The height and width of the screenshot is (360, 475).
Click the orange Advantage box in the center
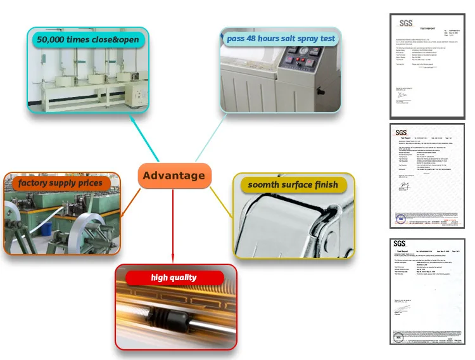pyautogui.click(x=174, y=176)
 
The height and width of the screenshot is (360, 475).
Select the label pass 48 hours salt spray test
pyautogui.click(x=281, y=39)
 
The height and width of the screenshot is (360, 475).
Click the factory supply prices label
pyautogui.click(x=60, y=183)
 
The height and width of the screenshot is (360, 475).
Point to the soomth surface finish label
pyautogui.click(x=297, y=185)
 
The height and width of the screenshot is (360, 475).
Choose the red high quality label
pyautogui.click(x=174, y=278)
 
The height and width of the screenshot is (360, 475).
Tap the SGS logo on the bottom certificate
pyautogui.click(x=399, y=243)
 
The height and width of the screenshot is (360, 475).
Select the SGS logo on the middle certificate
pyautogui.click(x=402, y=132)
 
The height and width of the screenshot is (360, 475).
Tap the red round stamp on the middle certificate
pyautogui.click(x=400, y=219)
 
